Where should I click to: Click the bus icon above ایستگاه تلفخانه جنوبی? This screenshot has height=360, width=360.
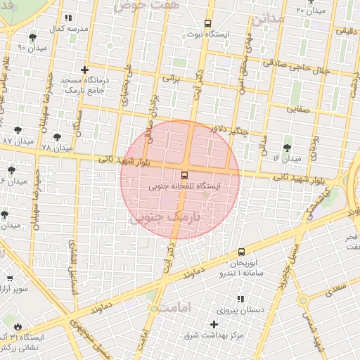click(184, 174)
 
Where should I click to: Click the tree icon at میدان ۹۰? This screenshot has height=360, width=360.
click(33, 37)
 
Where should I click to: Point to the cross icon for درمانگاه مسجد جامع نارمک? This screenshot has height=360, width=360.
click(85, 70)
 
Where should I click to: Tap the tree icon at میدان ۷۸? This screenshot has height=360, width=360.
click(57, 137)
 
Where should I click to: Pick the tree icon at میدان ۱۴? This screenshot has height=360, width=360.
click(287, 148)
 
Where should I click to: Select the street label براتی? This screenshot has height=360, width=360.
click(172, 78)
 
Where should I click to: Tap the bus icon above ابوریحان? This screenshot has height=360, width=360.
click(242, 251)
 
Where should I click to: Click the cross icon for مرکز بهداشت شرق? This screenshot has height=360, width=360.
click(214, 324)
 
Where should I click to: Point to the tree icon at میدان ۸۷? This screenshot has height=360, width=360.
click(18, 130)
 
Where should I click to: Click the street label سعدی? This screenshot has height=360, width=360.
click(338, 288)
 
